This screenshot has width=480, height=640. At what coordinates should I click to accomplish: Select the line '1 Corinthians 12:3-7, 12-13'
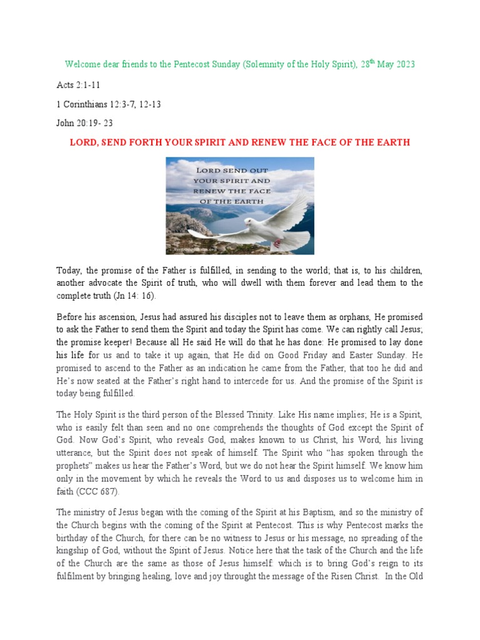click(x=109, y=104)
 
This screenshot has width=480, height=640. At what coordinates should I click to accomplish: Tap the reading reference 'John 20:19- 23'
click(x=84, y=123)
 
